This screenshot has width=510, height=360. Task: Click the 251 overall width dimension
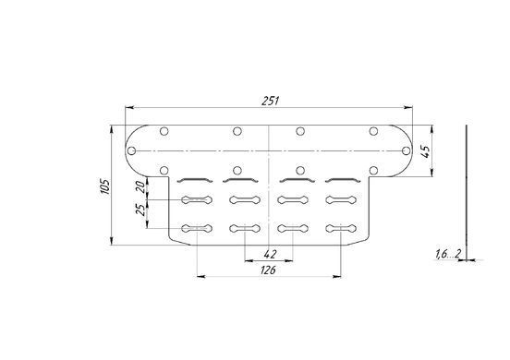coord(271,101)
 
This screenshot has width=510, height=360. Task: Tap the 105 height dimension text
coord(105,186)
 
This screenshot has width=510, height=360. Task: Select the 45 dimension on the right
coord(425,151)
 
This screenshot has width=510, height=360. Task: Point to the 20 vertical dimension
coord(140,186)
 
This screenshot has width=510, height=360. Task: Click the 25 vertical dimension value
coord(140,210)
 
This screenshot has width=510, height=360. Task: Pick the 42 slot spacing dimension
coord(270,254)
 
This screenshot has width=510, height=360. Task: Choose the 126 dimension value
coord(268,270)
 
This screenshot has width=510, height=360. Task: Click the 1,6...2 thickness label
coord(448,254)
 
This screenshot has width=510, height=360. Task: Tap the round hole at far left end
coord(131,150)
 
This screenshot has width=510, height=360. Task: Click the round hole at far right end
coord(406,150)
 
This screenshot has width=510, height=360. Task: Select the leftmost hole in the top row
coord(164,131)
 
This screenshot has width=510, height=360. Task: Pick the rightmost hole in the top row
coord(373,131)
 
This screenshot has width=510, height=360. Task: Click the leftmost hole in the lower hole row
coord(164,170)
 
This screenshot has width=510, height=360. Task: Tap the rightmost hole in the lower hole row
coord(373,170)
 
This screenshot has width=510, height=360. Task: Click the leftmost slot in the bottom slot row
coord(197,229)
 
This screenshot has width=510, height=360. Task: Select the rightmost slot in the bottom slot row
coord(341,229)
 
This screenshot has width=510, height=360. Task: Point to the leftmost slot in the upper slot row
coord(197,199)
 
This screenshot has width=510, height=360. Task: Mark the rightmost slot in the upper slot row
coord(341,199)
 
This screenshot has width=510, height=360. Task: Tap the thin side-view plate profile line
coord(466,192)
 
